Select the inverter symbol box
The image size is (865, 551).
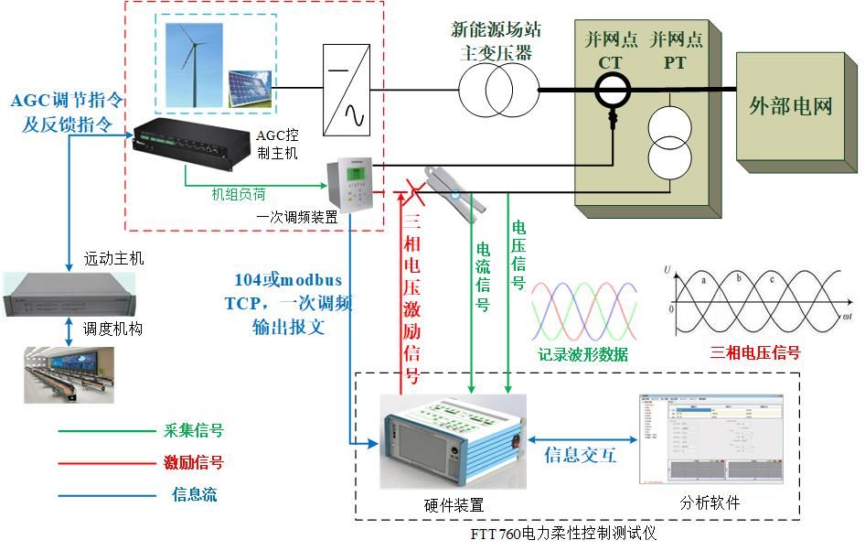click(x=345, y=89)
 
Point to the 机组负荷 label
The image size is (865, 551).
click(x=239, y=194)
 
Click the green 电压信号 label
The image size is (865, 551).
click(x=518, y=254)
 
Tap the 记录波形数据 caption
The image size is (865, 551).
click(x=583, y=354)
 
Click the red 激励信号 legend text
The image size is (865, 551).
click(x=193, y=462)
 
